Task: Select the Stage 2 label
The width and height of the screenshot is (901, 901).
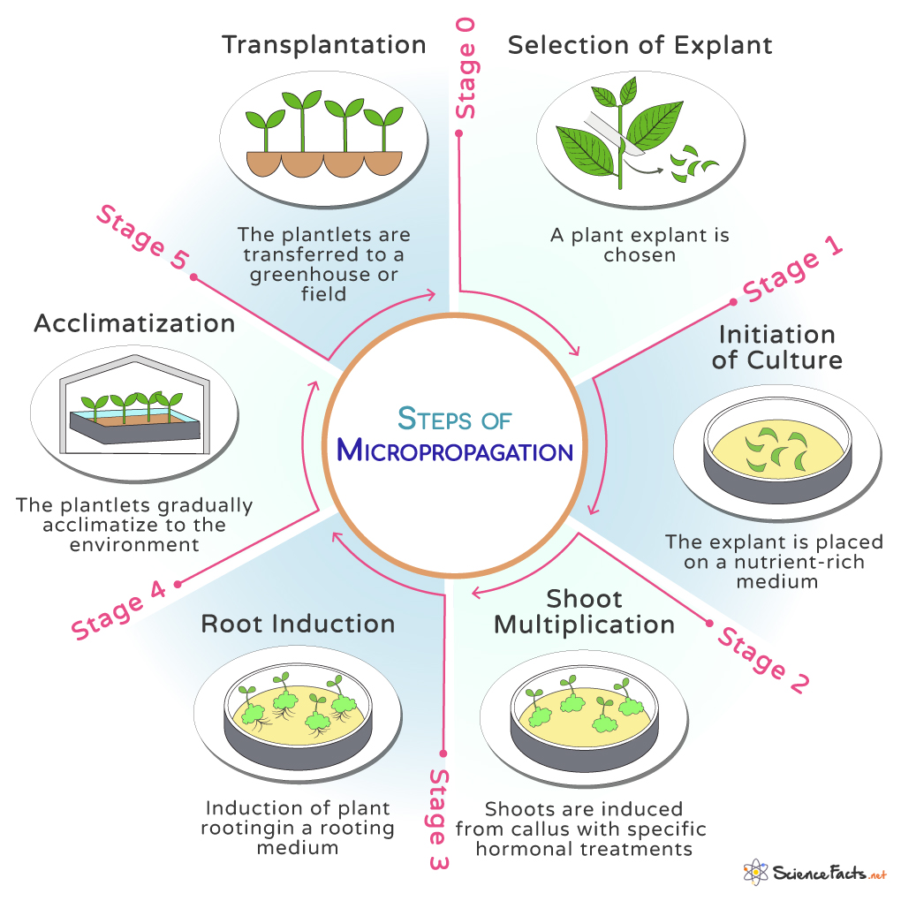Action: click(x=762, y=659)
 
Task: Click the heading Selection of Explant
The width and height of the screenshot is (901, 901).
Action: click(x=640, y=45)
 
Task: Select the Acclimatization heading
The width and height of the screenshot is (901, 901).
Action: click(x=134, y=323)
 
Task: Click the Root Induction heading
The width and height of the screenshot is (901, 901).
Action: click(x=298, y=624)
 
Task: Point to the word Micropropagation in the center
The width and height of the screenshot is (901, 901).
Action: click(x=455, y=451)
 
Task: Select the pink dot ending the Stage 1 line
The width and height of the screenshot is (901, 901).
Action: click(x=733, y=303)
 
